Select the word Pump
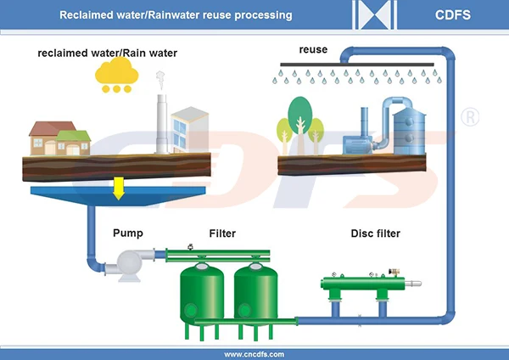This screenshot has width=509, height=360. point(126,233)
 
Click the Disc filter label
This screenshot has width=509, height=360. point(375,233)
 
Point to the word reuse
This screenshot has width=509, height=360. point(313,50)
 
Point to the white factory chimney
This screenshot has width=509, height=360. point(160,124)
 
